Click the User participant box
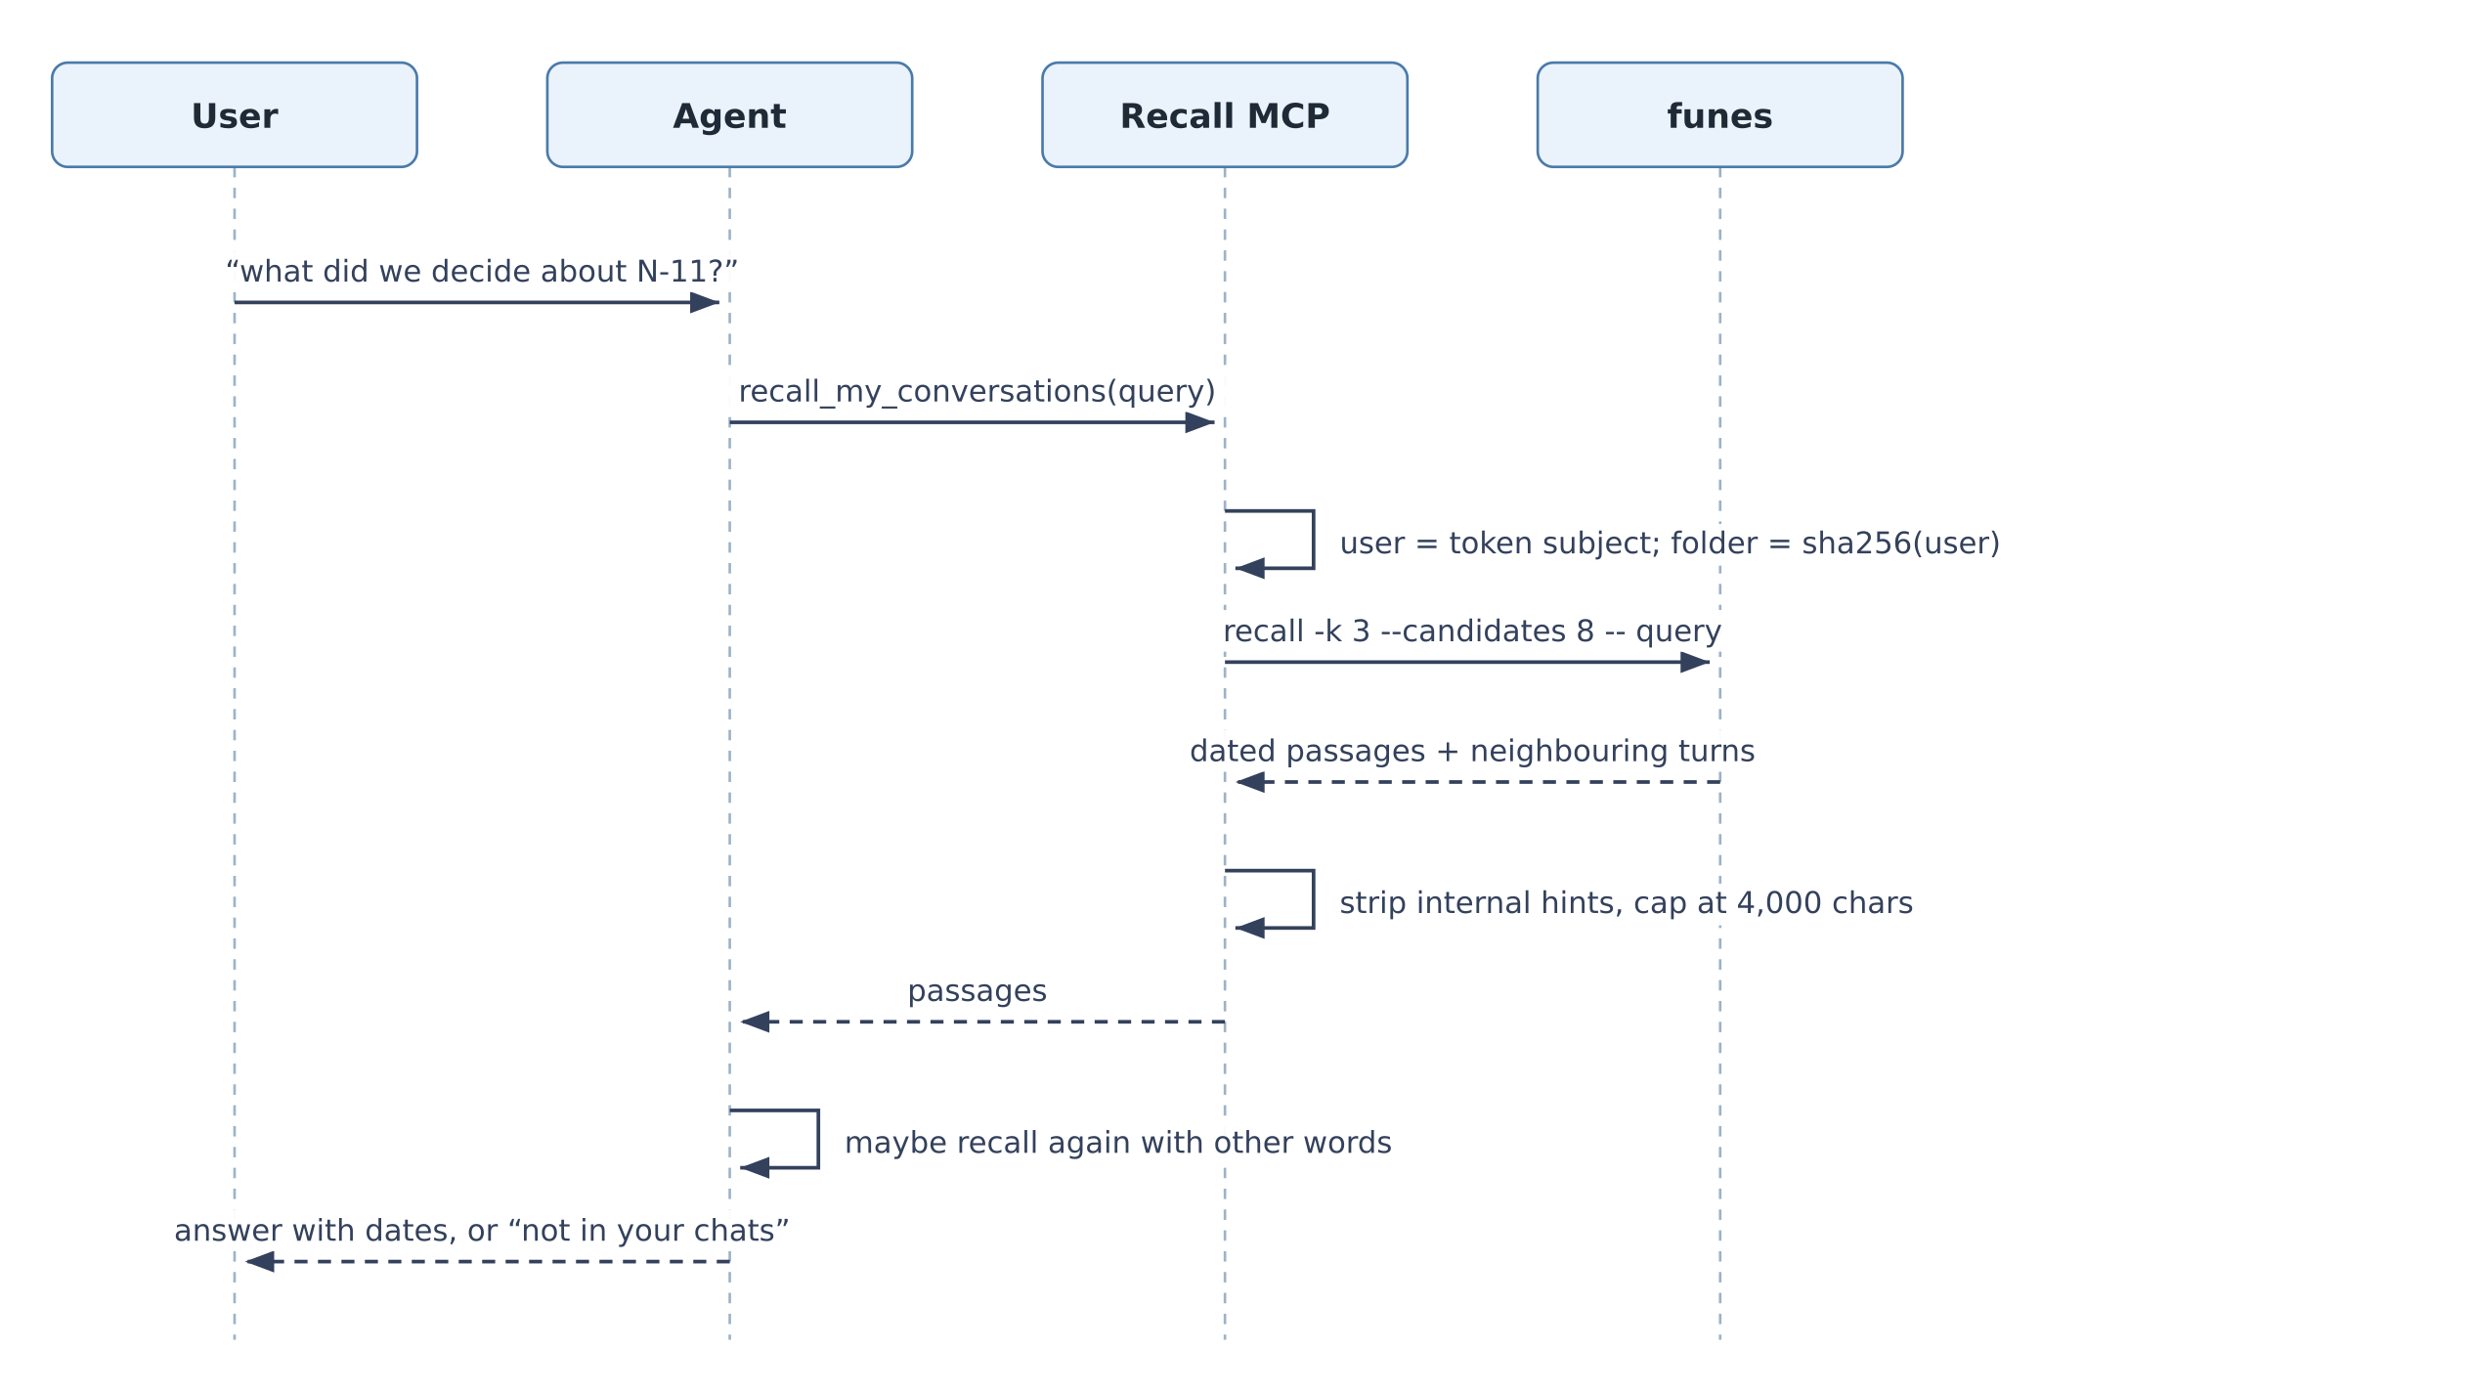tap(235, 114)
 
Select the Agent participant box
tap(729, 114)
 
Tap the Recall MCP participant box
tap(1225, 114)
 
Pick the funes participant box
tap(1719, 114)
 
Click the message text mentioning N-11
tap(482, 272)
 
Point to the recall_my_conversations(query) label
tap(977, 392)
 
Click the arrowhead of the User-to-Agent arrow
tap(705, 303)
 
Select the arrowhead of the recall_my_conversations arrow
tap(1200, 422)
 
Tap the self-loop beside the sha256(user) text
tap(1313, 540)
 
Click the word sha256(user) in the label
tap(1901, 544)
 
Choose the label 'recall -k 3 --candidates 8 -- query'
tap(1472, 631)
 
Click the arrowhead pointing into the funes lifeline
tap(1695, 663)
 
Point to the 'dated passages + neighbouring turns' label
tap(1472, 752)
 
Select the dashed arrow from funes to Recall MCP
tap(1478, 782)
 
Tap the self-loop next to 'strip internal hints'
tap(1313, 899)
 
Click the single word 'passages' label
tap(977, 991)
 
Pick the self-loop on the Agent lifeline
tap(818, 1139)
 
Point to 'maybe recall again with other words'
tap(1118, 1143)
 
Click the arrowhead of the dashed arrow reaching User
tap(260, 1262)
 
